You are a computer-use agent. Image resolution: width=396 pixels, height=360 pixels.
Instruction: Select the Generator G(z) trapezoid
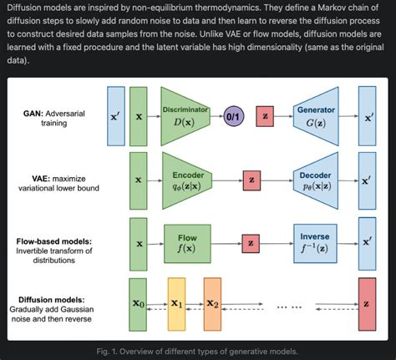tap(317, 118)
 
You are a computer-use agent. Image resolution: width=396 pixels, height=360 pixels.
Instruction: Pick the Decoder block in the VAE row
tap(317, 179)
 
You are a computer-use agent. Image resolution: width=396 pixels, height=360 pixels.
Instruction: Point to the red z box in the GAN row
tap(266, 119)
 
